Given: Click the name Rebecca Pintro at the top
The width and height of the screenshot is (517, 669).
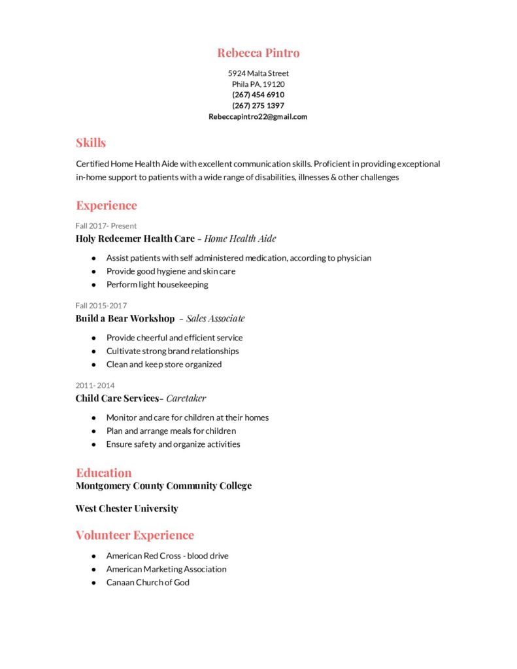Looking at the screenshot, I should point(258,53).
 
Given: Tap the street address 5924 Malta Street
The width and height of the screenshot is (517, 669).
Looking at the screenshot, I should point(258,73).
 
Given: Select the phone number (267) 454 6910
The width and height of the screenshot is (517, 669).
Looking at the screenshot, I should point(258,95).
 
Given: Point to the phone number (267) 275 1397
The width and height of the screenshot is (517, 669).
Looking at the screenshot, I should point(258,106).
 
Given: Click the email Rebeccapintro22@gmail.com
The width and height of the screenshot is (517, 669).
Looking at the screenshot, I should point(258,117).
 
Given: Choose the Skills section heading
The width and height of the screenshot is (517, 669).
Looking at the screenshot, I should point(91,142).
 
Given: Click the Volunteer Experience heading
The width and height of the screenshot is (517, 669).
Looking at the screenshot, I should point(135,535).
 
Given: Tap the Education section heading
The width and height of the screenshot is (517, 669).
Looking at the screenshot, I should point(104,472).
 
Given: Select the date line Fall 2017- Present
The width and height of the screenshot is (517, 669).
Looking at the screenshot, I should point(106,226).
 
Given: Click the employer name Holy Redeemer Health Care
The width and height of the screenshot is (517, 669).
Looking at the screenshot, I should point(135,238).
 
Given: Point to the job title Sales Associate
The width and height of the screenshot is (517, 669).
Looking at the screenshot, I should point(216,319).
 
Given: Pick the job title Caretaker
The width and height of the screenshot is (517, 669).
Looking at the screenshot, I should point(186,398).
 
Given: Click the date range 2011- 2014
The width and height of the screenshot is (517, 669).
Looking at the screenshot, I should point(95,385).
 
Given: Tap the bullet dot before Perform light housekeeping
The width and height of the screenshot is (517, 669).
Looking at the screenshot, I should point(94,285).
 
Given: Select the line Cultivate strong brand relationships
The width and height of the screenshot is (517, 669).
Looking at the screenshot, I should point(173,351).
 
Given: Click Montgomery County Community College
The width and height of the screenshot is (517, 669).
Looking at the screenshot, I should point(163,485).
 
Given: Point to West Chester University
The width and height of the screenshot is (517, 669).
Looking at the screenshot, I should point(127,508).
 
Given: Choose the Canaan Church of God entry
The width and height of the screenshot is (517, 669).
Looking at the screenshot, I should point(148,582).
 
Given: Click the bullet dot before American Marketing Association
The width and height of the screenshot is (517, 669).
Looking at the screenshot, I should point(94,569).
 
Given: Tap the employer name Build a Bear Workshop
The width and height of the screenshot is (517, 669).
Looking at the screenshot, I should point(125,319).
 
